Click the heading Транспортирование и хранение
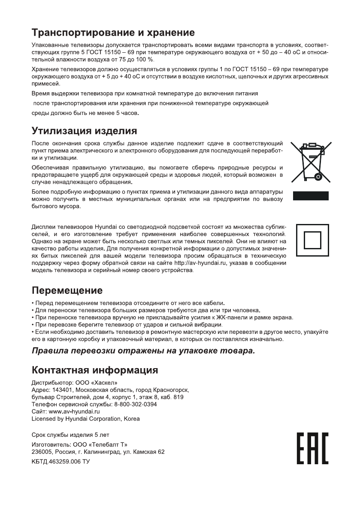click(113, 33)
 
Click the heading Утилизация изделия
click(85, 130)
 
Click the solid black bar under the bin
click(311, 196)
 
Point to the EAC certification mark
click(312, 448)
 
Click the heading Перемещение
click(67, 290)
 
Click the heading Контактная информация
click(95, 370)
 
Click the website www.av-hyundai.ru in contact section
click(75, 411)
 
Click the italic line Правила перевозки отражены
click(143, 351)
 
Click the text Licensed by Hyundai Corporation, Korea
click(86, 418)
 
